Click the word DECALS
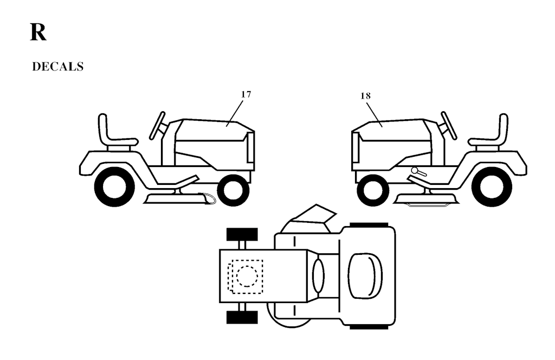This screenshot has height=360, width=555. tap(57, 67)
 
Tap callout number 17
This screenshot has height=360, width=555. tap(246, 94)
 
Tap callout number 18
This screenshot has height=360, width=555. tap(366, 95)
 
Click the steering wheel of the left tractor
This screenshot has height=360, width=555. tap(157, 125)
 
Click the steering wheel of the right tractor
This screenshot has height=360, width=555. tap(449, 125)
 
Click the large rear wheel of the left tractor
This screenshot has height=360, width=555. tap(114, 187)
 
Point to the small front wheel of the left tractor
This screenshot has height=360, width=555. tap(233, 190)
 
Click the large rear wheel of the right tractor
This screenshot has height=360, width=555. tap(492, 187)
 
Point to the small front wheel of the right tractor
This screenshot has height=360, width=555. tap(373, 190)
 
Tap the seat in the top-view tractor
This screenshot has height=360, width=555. tap(365, 276)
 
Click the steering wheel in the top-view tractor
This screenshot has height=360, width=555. tap(318, 276)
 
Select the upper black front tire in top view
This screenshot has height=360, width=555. tap(242, 234)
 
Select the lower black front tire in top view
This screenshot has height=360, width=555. tap(242, 317)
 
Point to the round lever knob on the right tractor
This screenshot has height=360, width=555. tap(415, 170)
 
